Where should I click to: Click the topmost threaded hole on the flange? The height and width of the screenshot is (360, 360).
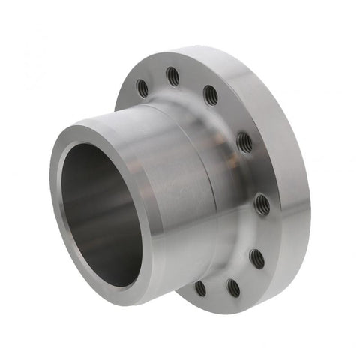pos(172,75)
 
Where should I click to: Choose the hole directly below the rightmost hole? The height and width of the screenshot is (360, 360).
pos(256,256)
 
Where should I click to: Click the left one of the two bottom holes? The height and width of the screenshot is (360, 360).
pos(200,287)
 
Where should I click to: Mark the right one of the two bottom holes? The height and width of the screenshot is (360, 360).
pos(233,286)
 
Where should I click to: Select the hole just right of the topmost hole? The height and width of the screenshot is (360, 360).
pos(211,95)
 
